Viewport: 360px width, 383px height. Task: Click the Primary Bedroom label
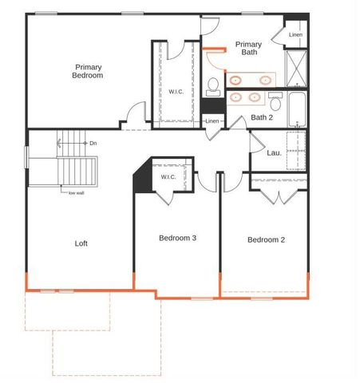pyautogui.click(x=89, y=71)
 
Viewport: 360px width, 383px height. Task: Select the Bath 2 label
pyautogui.click(x=262, y=117)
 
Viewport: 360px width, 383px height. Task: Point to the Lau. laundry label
pyautogui.click(x=273, y=152)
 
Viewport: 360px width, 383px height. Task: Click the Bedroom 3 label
pyautogui.click(x=177, y=238)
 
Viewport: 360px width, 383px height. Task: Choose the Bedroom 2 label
pyautogui.click(x=266, y=239)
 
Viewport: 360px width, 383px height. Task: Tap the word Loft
pyautogui.click(x=81, y=243)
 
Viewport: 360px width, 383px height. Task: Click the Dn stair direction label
pyautogui.click(x=93, y=143)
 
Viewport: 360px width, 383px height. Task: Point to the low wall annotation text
pyautogui.click(x=76, y=191)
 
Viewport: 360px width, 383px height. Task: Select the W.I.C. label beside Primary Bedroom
pyautogui.click(x=177, y=91)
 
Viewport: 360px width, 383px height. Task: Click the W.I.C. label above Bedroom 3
pyautogui.click(x=168, y=177)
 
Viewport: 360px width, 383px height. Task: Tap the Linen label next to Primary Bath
pyautogui.click(x=295, y=34)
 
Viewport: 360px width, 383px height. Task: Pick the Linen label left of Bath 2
pyautogui.click(x=212, y=121)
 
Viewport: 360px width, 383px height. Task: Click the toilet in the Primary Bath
pyautogui.click(x=213, y=85)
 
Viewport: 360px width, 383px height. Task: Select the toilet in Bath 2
pyautogui.click(x=275, y=102)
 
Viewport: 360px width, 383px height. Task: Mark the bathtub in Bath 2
pyautogui.click(x=298, y=110)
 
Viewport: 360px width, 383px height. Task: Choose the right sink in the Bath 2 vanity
pyautogui.click(x=255, y=97)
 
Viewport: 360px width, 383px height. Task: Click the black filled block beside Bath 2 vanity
pyautogui.click(x=213, y=105)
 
